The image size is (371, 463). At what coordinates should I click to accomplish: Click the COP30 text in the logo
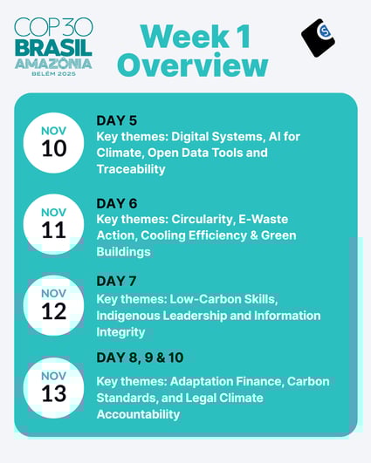tap(54, 26)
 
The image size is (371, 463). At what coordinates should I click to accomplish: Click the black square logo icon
tap(318, 37)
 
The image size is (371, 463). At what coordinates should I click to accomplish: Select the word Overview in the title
tap(193, 65)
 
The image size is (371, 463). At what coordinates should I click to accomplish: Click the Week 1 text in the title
tap(193, 36)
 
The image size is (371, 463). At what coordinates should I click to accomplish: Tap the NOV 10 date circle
tap(54, 140)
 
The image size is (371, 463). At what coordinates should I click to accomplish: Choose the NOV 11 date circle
tap(54, 223)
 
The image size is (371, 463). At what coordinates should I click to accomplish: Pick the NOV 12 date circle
tap(54, 304)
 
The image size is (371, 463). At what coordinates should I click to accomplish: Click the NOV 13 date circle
tap(54, 385)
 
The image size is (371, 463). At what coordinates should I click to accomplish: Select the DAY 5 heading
tap(117, 120)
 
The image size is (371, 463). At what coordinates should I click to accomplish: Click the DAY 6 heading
tap(117, 203)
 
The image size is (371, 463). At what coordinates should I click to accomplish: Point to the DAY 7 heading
tap(117, 281)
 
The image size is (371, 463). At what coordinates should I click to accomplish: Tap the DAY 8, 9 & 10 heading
tap(140, 357)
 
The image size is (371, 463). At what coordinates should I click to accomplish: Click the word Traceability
tap(131, 169)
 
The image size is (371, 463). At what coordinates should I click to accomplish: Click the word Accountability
tap(139, 414)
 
